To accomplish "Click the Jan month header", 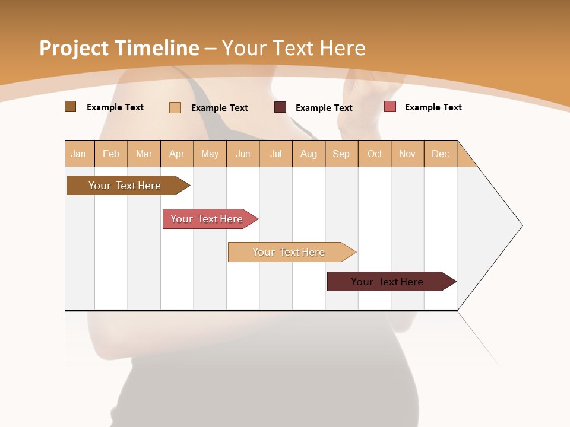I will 79,154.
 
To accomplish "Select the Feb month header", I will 111,154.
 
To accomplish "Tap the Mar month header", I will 144,154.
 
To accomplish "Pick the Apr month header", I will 177,154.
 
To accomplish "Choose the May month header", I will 210,154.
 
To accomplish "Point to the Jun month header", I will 243,154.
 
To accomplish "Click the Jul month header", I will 275,154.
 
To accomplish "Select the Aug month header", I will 309,154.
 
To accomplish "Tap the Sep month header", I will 341,154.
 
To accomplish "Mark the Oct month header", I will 375,154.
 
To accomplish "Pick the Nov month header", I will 407,154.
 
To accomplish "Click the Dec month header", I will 441,154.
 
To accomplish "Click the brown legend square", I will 71,107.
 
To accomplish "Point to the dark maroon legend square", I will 280,107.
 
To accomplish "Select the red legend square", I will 390,107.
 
